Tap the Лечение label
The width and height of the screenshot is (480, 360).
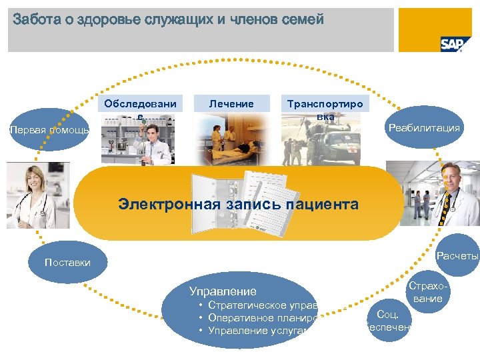click(231, 104)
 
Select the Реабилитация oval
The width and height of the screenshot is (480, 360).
click(425, 127)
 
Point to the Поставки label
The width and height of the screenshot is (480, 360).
click(67, 263)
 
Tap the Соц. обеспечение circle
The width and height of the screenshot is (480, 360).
click(389, 321)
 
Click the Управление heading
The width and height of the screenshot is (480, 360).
click(223, 291)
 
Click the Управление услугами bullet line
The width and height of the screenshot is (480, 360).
click(260, 331)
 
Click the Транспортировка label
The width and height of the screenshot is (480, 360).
click(324, 110)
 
